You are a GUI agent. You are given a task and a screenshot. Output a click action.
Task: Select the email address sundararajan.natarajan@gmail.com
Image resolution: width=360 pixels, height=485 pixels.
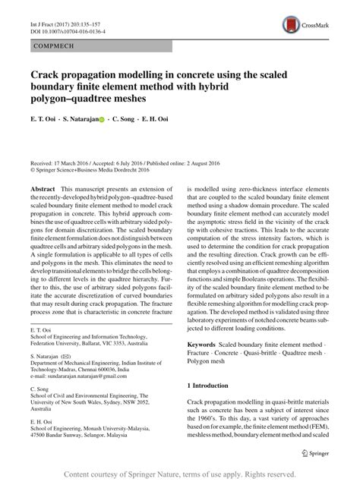tap(86, 374)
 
